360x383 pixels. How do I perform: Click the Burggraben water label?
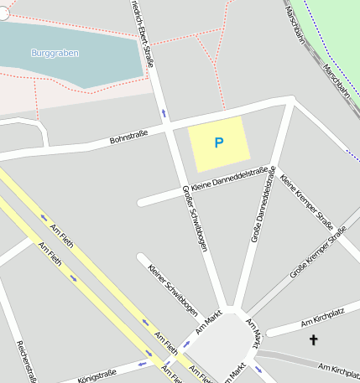pos(55,53)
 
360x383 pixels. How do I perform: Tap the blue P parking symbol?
pos(219,143)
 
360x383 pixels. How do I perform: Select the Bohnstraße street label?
pos(128,136)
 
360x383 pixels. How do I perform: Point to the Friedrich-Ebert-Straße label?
pos(143,25)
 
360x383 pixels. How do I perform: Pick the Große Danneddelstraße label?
pos(263,205)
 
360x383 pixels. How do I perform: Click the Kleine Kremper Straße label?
pos(307,205)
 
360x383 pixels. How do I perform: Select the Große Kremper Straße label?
pos(318,256)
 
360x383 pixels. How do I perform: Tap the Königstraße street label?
pos(97,374)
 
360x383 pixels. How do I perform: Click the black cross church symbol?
pos(315,339)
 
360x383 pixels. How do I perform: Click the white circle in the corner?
pos(3,13)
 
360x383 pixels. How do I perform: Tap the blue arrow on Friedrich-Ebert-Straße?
pos(164,111)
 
